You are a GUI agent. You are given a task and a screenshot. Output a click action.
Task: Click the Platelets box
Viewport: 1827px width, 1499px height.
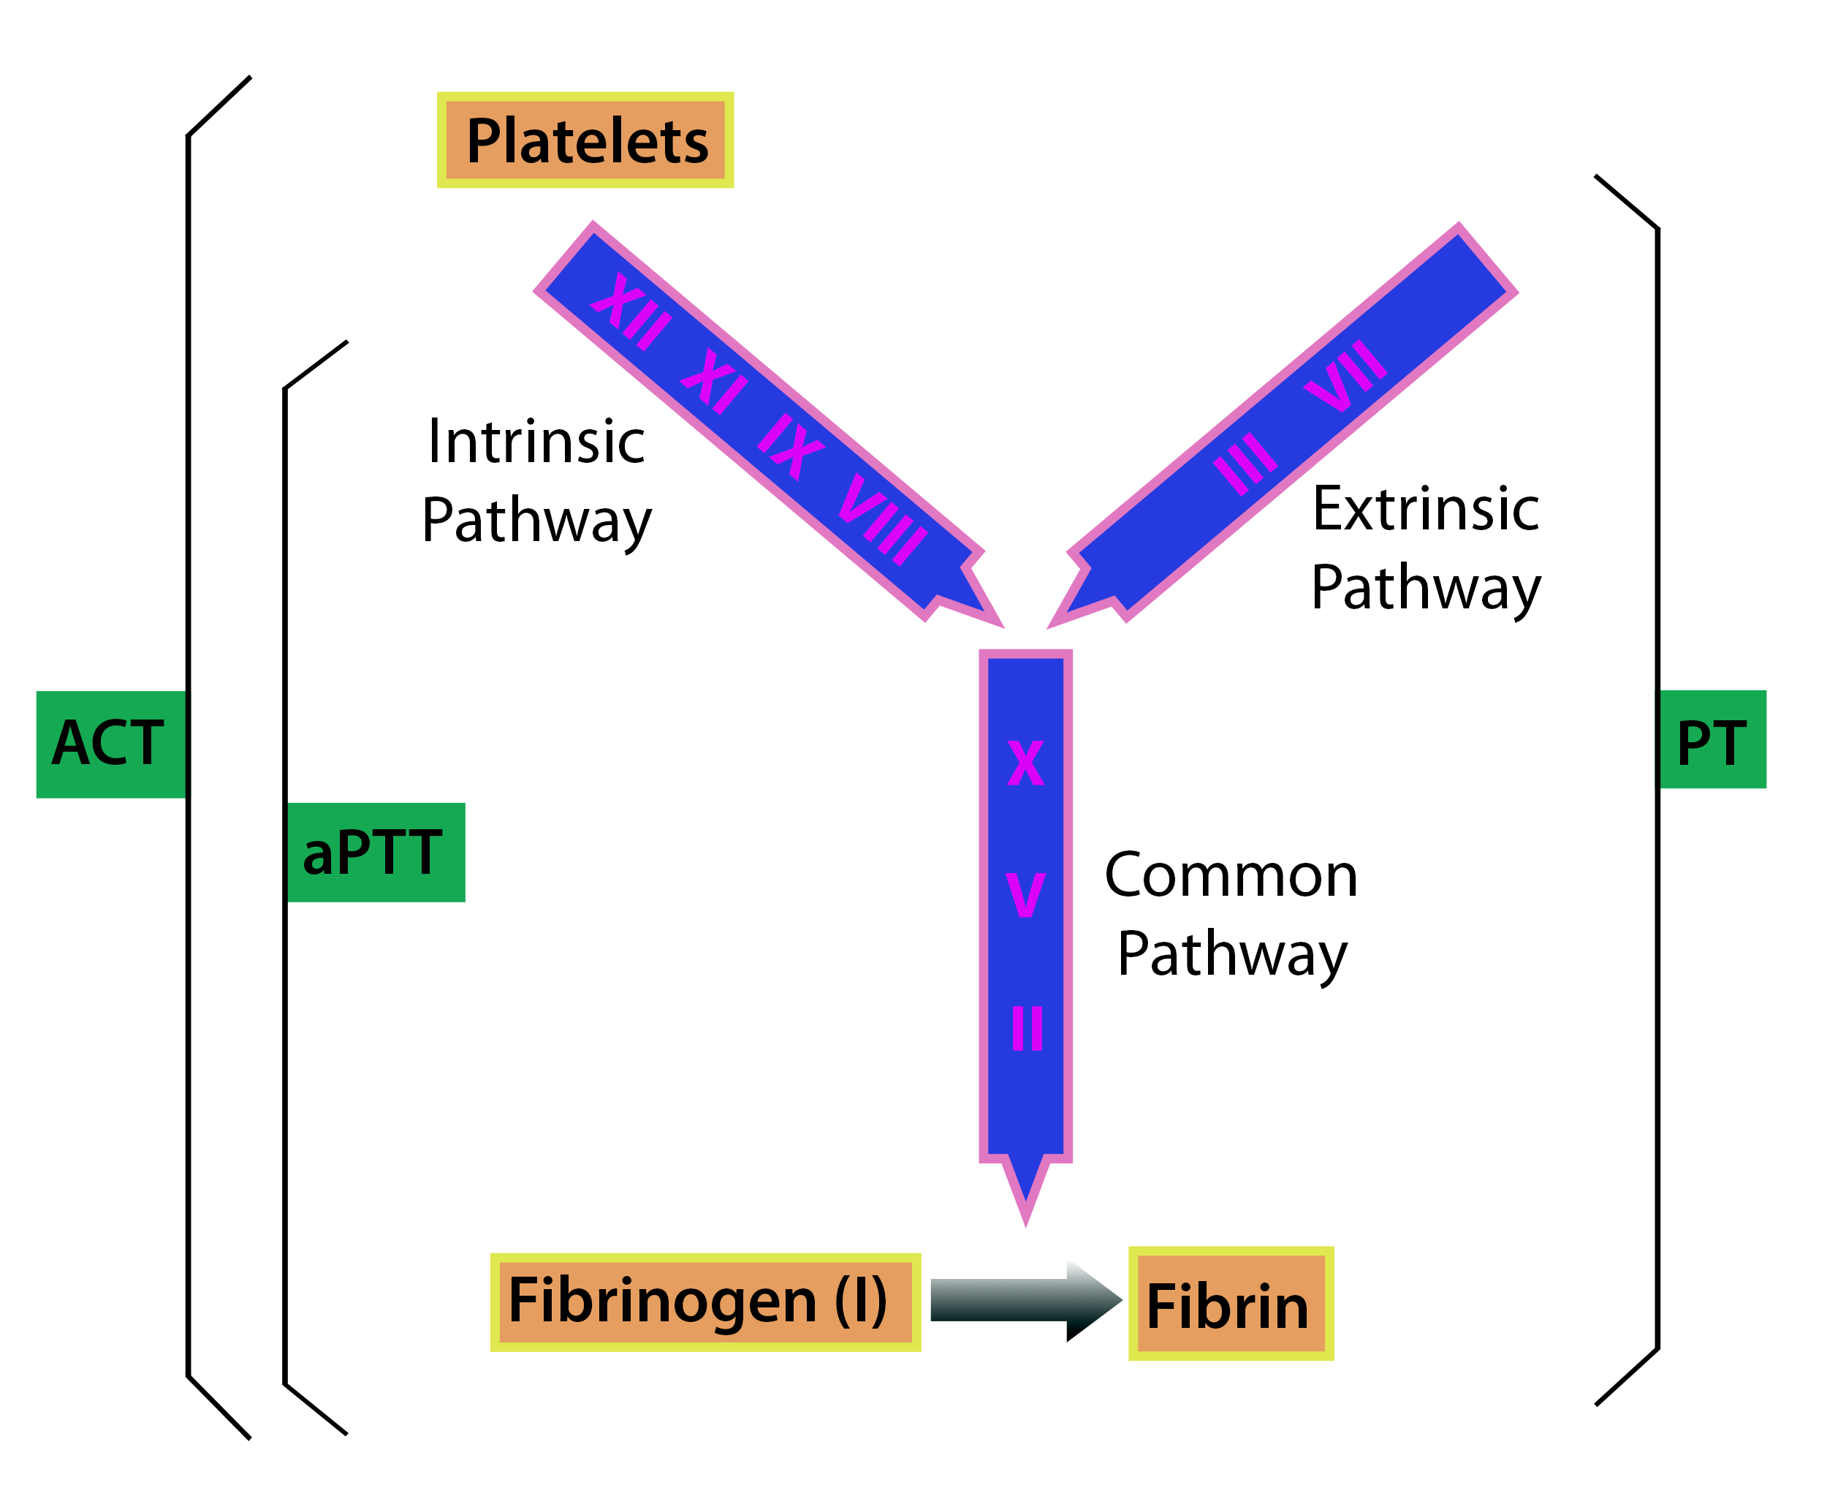coord(585,140)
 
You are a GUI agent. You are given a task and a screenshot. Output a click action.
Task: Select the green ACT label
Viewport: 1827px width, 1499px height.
coord(110,744)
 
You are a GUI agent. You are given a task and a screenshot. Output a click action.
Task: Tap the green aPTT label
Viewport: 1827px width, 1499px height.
coord(375,853)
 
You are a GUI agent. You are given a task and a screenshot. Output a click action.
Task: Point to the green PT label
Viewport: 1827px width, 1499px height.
coord(1711,740)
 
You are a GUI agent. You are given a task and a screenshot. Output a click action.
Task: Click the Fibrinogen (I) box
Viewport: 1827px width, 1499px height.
coord(704,1302)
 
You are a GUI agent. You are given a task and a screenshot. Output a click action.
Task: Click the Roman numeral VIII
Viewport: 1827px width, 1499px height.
coord(882,519)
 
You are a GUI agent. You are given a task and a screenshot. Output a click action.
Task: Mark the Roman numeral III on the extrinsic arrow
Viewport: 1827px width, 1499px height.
coord(1245,463)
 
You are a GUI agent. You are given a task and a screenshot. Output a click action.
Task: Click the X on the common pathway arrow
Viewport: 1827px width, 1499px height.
coord(1025,763)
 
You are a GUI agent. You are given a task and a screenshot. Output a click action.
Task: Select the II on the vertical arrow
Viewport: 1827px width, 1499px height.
coord(1027,1027)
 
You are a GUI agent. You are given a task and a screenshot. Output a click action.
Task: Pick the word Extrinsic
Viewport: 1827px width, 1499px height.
coord(1426,510)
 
